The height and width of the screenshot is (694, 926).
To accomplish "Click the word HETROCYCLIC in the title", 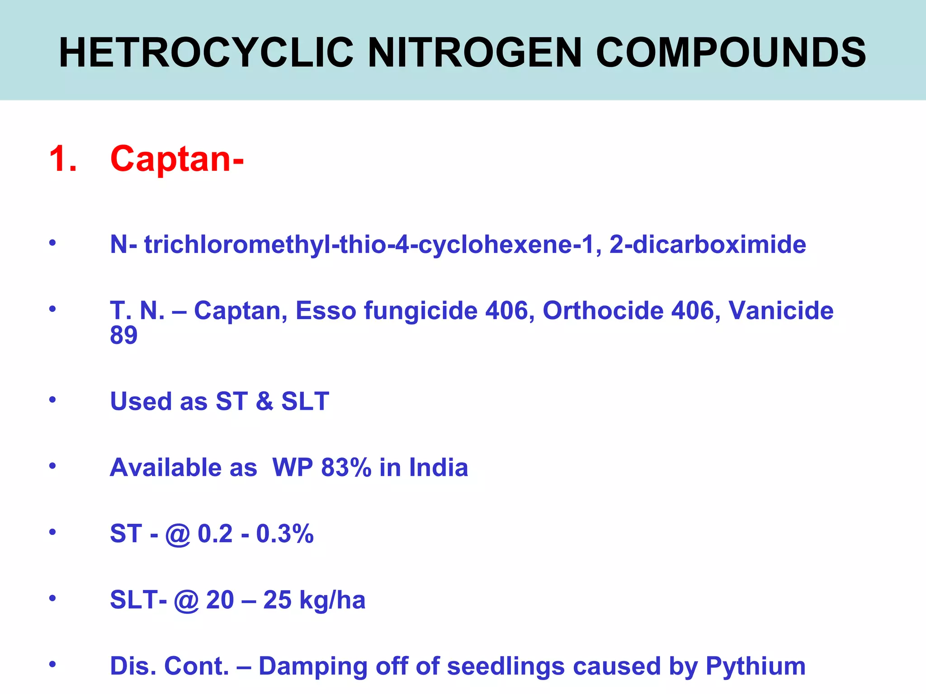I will click(x=206, y=53).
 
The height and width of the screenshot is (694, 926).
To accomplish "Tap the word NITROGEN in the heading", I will click(x=475, y=53).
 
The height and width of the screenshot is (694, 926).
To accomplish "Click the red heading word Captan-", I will click(x=177, y=159).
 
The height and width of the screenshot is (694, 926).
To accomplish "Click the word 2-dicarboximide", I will click(x=708, y=244).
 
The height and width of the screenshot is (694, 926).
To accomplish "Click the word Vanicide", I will click(x=781, y=311).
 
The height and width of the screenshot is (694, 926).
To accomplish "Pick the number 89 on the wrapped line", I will click(x=123, y=335).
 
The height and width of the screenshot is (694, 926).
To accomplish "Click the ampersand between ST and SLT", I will click(x=265, y=401).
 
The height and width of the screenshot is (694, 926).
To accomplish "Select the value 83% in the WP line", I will click(x=346, y=467).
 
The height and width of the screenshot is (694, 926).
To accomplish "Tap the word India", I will click(x=439, y=467).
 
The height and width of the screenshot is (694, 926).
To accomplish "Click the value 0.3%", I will click(x=285, y=534).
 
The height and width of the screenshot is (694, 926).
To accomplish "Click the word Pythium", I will click(x=756, y=666).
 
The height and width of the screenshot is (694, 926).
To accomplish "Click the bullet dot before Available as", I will click(x=53, y=465).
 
